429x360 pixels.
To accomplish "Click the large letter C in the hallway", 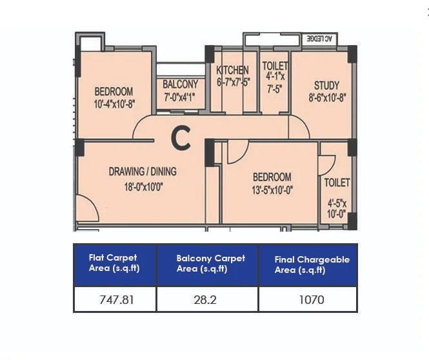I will (181, 137).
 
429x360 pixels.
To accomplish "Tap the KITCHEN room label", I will (232, 70).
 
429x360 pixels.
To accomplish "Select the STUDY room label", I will (326, 85).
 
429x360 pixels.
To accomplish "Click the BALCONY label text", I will (180, 85).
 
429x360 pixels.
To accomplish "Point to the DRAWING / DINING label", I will (143, 172).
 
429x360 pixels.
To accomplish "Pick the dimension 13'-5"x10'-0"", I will (272, 189).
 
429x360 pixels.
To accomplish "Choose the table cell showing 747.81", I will (115, 299).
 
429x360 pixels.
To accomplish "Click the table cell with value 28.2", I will (207, 299).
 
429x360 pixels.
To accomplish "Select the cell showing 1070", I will (308, 299).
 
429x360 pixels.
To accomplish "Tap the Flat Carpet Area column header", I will (115, 264).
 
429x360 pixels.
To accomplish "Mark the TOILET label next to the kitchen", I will (275, 66).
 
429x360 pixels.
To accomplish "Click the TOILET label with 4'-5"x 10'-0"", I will (337, 183).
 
